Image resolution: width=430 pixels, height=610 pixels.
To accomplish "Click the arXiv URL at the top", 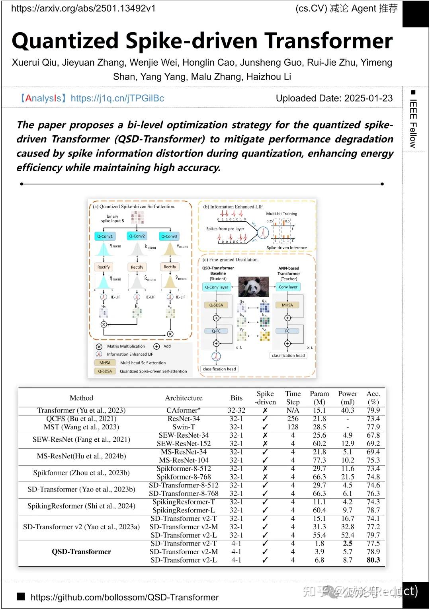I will click(x=83, y=8).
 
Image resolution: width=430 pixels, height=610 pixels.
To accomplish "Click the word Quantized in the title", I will click(x=65, y=41).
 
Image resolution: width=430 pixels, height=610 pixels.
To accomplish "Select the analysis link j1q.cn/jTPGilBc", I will click(x=117, y=98).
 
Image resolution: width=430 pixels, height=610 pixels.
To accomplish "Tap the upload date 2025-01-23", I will click(x=368, y=98).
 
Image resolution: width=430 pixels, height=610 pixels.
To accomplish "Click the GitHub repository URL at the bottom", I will click(x=125, y=597).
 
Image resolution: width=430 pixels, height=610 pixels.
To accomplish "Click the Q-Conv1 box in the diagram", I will click(x=105, y=236).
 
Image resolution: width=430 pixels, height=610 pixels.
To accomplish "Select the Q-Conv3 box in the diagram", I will click(x=169, y=236).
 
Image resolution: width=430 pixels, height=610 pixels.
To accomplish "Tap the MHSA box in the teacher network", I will click(x=287, y=305).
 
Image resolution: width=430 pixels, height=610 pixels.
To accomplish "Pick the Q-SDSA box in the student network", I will click(x=216, y=305).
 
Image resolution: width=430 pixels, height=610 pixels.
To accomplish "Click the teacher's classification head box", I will click(x=288, y=355).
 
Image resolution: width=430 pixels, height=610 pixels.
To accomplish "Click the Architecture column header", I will click(x=184, y=398).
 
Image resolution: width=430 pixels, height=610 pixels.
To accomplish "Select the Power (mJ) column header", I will click(x=348, y=398).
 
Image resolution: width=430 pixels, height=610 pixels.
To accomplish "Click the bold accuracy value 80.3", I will click(x=373, y=560).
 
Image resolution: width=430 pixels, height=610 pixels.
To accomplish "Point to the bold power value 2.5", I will click(x=348, y=543).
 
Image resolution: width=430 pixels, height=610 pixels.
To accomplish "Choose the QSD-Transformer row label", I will click(x=81, y=552).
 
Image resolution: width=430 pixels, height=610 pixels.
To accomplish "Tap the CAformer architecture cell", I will click(x=184, y=410).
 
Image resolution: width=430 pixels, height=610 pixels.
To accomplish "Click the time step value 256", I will click(x=293, y=419).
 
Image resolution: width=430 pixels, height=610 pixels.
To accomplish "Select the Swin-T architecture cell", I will click(x=184, y=427).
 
